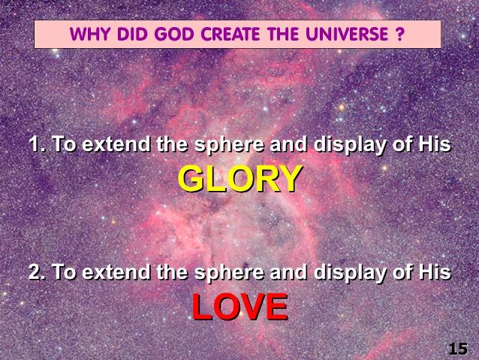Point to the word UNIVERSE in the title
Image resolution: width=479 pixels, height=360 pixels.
pyautogui.click(x=347, y=34)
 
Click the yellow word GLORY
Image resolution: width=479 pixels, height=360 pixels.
pyautogui.click(x=240, y=179)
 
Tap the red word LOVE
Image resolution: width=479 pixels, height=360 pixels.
pyautogui.click(x=240, y=307)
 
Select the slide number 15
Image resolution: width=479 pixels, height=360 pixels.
pyautogui.click(x=458, y=349)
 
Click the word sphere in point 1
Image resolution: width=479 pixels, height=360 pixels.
pyautogui.click(x=229, y=145)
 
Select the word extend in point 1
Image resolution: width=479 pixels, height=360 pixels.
pyautogui.click(x=116, y=144)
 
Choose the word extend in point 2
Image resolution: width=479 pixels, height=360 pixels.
pyautogui.click(x=116, y=271)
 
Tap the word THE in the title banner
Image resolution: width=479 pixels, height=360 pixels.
pyautogui.click(x=282, y=34)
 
